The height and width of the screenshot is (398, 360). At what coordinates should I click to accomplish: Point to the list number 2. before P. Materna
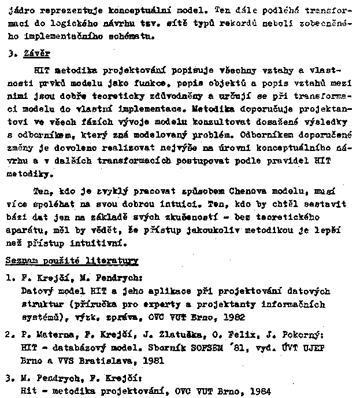point(9,335)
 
